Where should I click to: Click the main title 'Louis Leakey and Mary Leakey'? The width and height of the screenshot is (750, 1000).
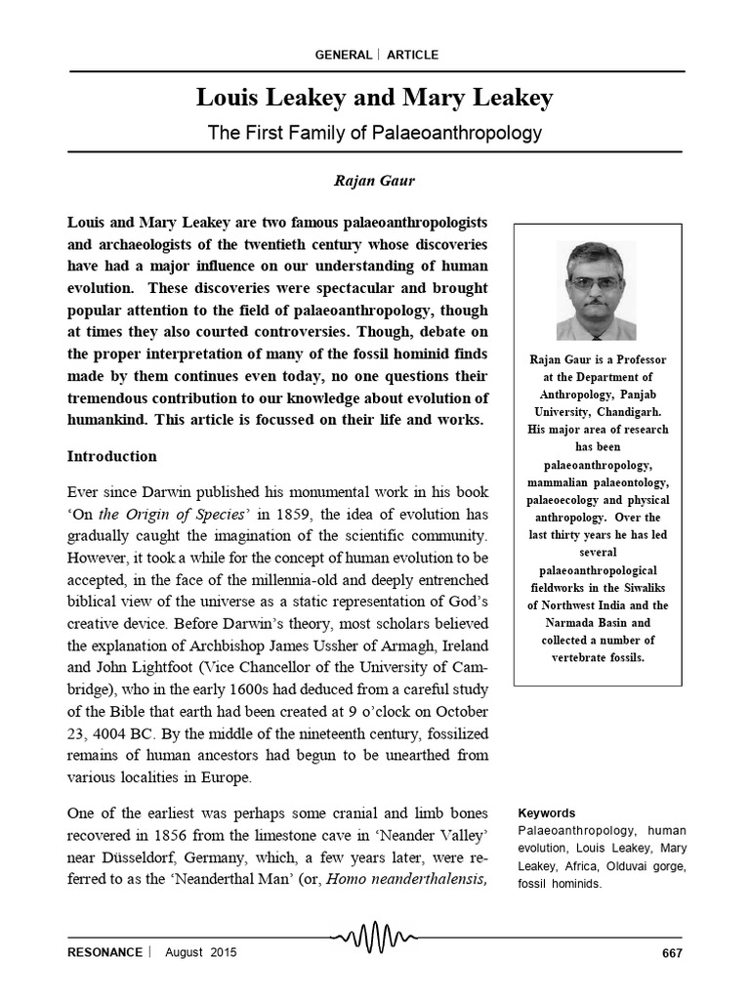coord(374,98)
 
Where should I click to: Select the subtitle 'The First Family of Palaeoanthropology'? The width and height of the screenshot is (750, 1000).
coord(374,132)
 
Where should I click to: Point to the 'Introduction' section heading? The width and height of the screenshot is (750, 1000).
coord(111,456)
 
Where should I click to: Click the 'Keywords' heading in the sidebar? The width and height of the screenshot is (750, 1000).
coord(546,812)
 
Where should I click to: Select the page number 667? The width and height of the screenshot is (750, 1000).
coord(672,952)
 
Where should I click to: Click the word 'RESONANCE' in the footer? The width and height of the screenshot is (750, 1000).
coord(104,952)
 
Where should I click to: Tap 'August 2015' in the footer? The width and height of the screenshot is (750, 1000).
coord(200,952)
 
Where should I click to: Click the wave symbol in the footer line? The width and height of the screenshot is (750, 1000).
coord(376,938)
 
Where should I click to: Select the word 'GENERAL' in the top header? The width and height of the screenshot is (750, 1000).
coord(343,55)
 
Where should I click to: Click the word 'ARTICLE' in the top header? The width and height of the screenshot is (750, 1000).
coord(412,55)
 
